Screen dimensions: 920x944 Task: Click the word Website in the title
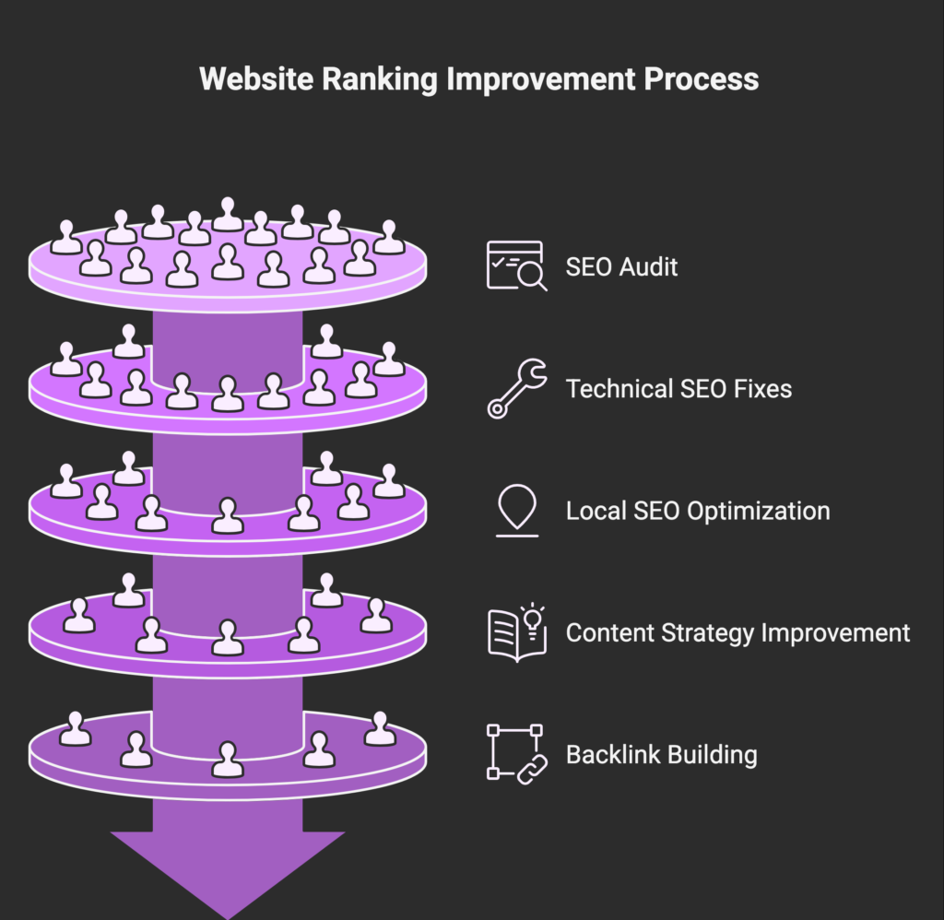pos(254,79)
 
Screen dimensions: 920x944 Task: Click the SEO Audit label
pos(621,267)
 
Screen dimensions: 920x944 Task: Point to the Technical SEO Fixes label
pos(678,389)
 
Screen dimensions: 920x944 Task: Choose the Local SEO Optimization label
pos(698,511)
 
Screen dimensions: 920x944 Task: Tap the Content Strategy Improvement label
pos(737,633)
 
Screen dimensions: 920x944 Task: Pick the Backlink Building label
pos(661,755)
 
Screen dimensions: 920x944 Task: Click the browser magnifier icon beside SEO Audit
pos(516,266)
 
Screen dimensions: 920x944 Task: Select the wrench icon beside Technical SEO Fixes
pos(516,388)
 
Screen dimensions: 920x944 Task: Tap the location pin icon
pos(517,510)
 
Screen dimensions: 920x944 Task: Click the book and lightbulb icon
pos(516,632)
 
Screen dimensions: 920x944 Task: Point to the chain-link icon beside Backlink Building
pos(515,754)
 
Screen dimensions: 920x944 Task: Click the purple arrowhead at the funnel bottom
pos(228,867)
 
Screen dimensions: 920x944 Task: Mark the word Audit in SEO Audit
pos(648,267)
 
